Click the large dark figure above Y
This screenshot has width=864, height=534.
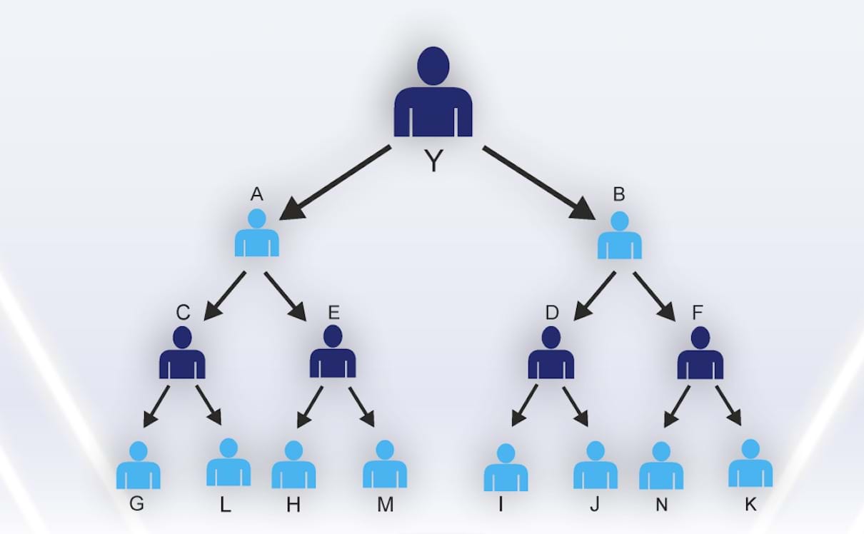(433, 96)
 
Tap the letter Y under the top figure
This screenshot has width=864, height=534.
(433, 161)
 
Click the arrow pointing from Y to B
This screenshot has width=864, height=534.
(538, 182)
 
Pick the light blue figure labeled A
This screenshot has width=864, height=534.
(257, 234)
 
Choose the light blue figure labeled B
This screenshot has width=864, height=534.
(619, 236)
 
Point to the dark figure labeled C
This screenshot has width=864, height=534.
(182, 353)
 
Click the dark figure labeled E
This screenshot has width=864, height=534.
(333, 353)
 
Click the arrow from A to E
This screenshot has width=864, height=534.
(285, 296)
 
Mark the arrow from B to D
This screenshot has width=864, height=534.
(595, 295)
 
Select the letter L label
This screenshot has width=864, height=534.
(225, 505)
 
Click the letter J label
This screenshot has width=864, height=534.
(594, 505)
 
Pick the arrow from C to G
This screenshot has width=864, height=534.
(156, 406)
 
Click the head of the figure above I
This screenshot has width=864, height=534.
(506, 453)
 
